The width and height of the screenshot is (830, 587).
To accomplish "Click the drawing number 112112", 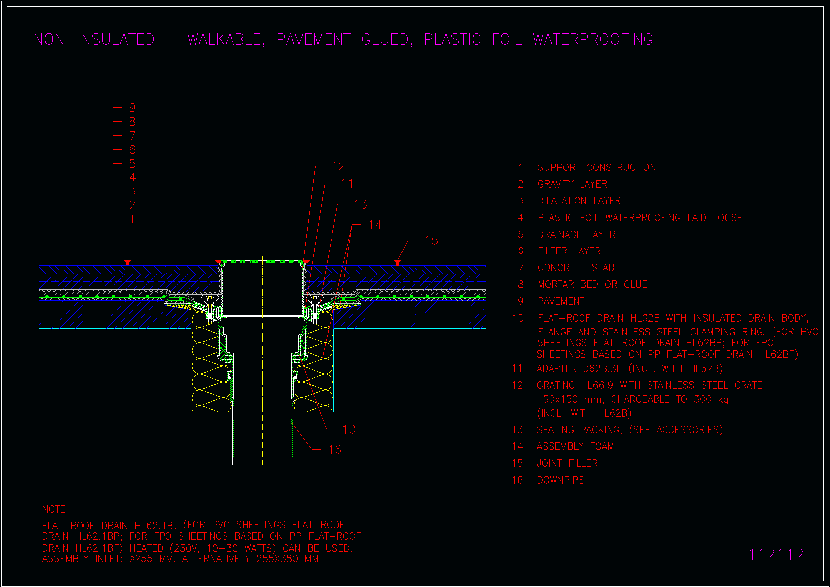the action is pos(776,555).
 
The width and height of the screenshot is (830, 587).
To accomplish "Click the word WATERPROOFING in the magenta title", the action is pos(592,39).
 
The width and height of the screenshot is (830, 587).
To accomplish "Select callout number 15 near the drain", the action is pos(432,240).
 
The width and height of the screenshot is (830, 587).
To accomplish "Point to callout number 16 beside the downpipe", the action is pos(335,449).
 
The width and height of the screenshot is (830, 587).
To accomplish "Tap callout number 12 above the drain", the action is pos(338,166).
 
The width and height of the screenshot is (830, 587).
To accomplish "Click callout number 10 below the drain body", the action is pos(349,429).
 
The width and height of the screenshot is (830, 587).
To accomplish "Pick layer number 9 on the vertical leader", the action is pos(132,108).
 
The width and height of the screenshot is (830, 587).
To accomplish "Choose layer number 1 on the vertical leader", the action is pos(132,219).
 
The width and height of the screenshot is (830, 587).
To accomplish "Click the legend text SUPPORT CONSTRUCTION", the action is pos(596,168).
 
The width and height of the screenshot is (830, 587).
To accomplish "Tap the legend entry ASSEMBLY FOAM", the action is pos(575,446).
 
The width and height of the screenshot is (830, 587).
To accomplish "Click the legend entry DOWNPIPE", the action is pos(560,480).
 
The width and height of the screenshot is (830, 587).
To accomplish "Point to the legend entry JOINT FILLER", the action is pos(567,463).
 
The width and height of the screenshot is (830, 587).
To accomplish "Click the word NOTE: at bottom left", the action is pos(55,509).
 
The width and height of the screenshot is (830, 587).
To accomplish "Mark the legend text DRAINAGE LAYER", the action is pos(577,235).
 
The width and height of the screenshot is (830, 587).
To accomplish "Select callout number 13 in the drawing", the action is pos(360,204).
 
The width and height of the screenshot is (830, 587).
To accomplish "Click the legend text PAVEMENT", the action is pos(561,301).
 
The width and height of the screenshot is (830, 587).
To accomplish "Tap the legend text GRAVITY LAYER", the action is pos(573,184).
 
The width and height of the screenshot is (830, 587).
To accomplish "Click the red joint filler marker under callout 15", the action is pos(397,263).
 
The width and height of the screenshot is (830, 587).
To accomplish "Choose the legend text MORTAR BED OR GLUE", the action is pos(592,284).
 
